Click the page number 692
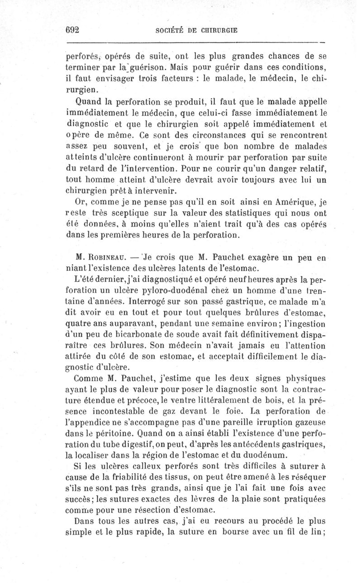tap(73, 30)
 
